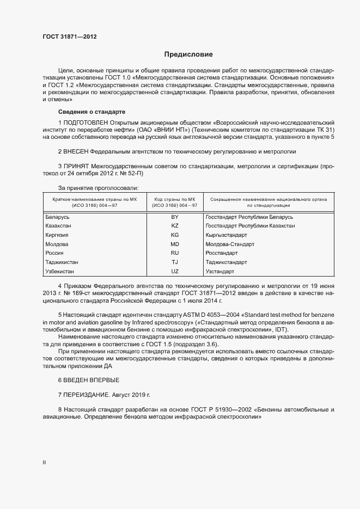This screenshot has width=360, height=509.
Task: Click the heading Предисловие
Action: pyautogui.click(x=189, y=54)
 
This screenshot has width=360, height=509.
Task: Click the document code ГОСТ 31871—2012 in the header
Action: pyautogui.click(x=70, y=36)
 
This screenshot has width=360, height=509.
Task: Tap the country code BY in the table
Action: pyautogui.click(x=175, y=216)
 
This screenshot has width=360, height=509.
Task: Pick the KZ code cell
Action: pyautogui.click(x=175, y=225)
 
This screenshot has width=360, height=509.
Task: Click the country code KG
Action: pyautogui.click(x=175, y=235)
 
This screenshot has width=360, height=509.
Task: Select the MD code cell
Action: pyautogui.click(x=175, y=244)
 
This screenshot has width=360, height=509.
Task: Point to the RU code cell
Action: pyautogui.click(x=175, y=253)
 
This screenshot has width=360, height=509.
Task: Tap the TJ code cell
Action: pyautogui.click(x=175, y=262)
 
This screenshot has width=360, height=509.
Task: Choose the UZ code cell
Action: pyautogui.click(x=175, y=271)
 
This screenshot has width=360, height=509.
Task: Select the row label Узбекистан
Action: pyautogui.click(x=60, y=271)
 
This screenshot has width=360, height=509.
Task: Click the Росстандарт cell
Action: pyautogui.click(x=222, y=253)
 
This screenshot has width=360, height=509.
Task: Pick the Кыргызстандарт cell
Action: pyautogui.click(x=226, y=235)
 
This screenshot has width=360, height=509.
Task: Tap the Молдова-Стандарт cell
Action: pyautogui.click(x=230, y=244)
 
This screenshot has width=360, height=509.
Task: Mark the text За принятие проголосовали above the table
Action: pyautogui.click(x=90, y=188)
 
